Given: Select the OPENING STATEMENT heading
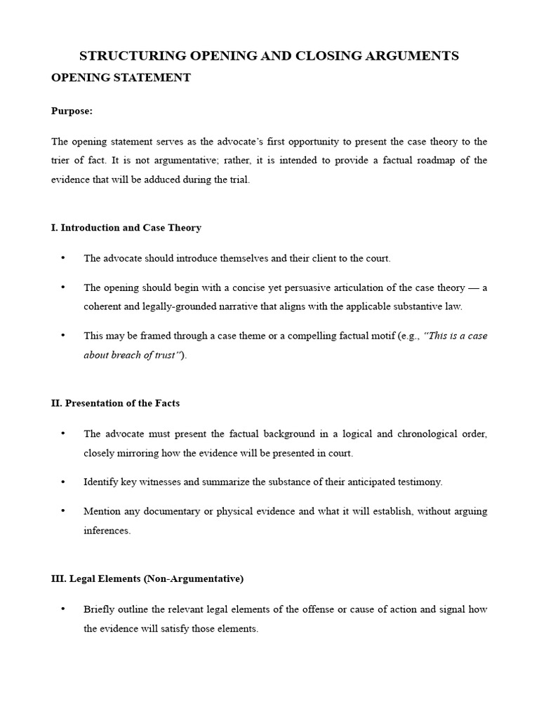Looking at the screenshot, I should (x=121, y=78).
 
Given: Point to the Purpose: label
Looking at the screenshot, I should (x=72, y=111).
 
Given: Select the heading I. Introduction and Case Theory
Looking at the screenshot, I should (x=126, y=228).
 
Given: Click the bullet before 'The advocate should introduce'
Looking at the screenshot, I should (x=63, y=258).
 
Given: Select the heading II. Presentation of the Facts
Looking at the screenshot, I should (x=116, y=403).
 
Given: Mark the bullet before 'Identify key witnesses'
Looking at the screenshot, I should (x=63, y=482).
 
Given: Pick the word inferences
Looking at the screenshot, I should (x=107, y=531).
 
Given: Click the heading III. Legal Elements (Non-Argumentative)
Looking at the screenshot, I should (x=147, y=579).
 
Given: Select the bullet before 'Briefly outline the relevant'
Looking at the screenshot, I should (x=63, y=609).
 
